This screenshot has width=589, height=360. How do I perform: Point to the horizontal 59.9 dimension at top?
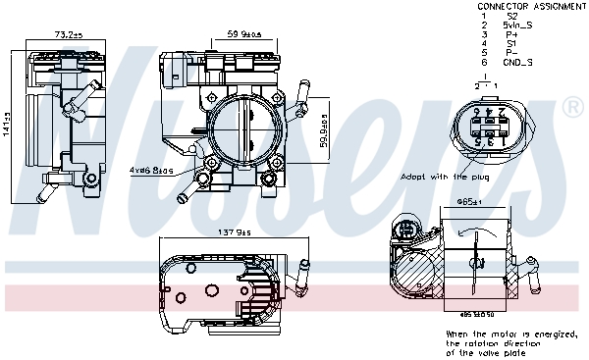click(245, 36)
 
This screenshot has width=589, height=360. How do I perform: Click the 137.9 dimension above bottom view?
click(235, 232)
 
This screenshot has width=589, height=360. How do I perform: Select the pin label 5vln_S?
click(518, 26)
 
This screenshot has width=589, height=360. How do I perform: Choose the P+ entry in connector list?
click(511, 34)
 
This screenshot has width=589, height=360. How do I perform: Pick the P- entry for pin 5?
click(511, 53)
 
